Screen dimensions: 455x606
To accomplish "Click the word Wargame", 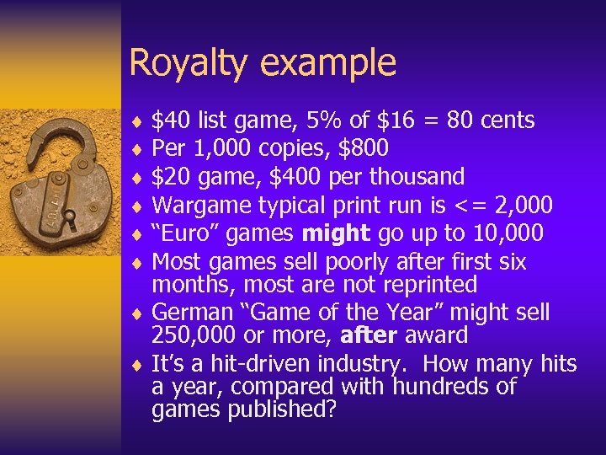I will (199, 205).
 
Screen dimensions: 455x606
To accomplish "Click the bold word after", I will (367, 335).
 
